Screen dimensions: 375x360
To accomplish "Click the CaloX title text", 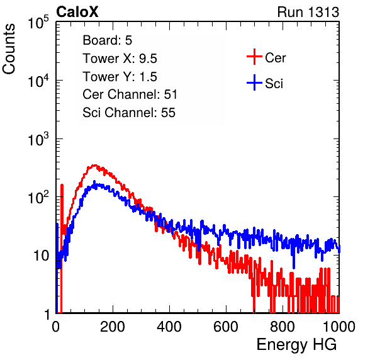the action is click(77, 12).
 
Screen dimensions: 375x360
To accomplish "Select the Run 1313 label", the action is click(308, 12).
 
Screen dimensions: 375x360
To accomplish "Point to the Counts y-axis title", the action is click(9, 49).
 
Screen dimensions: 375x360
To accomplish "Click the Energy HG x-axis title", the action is click(296, 345).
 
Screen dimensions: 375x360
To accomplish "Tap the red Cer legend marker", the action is click(254, 57).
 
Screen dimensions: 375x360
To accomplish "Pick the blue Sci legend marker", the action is click(254, 82).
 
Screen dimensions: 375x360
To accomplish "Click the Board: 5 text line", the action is click(108, 40).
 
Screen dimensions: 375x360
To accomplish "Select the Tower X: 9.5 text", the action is click(120, 59).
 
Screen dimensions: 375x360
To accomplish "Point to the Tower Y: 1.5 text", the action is click(120, 77).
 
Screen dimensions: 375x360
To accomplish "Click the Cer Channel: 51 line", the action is click(130, 94).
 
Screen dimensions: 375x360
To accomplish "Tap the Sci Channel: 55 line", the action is click(129, 113).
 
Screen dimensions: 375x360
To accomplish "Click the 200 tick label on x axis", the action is click(113, 327).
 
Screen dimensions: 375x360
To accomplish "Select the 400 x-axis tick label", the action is click(169, 327).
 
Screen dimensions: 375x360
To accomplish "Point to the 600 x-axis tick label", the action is click(226, 327).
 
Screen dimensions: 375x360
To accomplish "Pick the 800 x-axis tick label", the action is click(283, 327).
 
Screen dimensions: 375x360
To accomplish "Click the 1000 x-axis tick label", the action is click(339, 327).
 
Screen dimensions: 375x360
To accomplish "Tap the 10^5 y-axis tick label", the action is click(38, 23).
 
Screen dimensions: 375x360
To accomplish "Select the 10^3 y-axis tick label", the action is click(38, 139).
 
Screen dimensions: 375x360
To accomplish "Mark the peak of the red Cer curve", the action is click(95, 165).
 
